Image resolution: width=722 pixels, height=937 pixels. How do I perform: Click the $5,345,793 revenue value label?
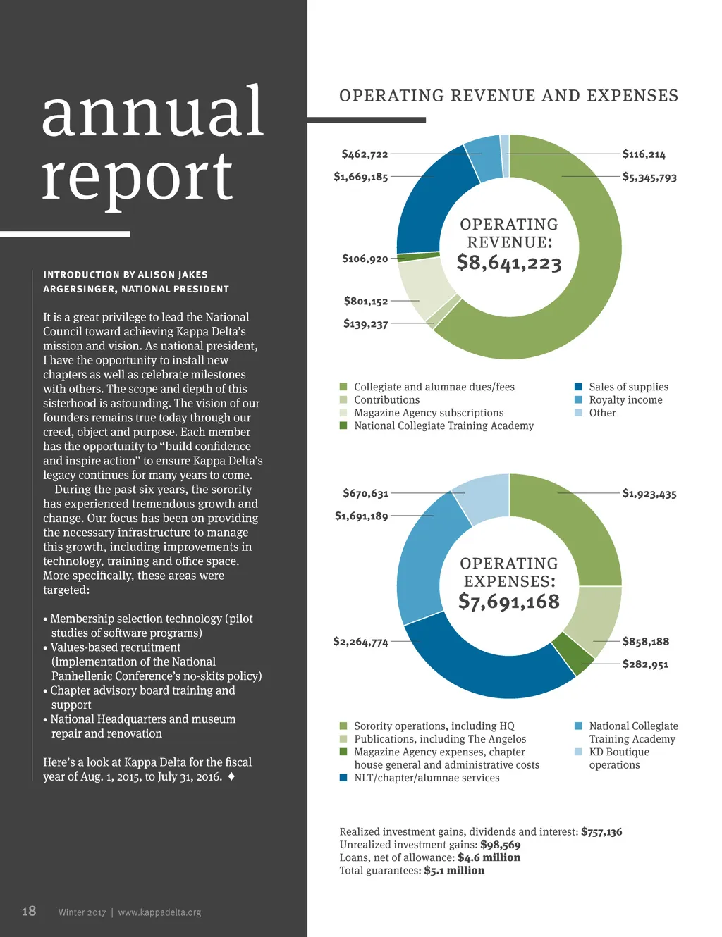[649, 178]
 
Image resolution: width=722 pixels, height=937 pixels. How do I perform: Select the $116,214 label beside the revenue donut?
[643, 154]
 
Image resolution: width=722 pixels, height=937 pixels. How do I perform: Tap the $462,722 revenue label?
[365, 154]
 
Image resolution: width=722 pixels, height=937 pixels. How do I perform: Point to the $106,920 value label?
[365, 259]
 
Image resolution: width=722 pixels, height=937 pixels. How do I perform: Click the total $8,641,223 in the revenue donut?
[509, 263]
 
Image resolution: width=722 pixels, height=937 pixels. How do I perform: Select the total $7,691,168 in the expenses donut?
[509, 602]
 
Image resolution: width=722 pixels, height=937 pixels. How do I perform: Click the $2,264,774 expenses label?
[360, 642]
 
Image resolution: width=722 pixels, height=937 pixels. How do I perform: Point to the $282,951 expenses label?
[645, 664]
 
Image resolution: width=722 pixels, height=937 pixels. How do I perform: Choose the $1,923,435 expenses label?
[649, 494]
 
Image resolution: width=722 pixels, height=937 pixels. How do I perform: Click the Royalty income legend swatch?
[579, 400]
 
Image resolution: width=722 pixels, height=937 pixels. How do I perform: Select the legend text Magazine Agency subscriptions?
[429, 413]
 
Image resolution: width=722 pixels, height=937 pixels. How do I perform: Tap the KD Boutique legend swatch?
[579, 752]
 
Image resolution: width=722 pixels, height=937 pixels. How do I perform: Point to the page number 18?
[29, 912]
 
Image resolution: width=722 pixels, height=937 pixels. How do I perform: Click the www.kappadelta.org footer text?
[159, 912]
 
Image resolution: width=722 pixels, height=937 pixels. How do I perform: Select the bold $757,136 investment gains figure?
[601, 832]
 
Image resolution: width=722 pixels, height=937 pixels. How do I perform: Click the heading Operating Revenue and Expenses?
[508, 96]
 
